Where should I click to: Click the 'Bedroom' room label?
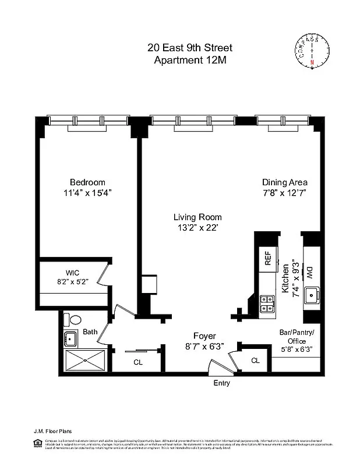coord(87,182)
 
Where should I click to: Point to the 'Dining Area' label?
coord(284,182)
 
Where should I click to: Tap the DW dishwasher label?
coord(309,271)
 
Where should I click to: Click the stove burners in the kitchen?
coord(267,305)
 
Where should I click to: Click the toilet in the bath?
coord(74,320)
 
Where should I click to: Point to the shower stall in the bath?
coord(86,361)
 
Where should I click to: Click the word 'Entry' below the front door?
coord(221,383)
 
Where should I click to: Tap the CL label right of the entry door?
coord(255,361)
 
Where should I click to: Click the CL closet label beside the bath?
coord(138,362)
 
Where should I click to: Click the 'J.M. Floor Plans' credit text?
coord(52,432)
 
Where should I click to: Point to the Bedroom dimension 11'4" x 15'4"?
coord(87,193)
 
